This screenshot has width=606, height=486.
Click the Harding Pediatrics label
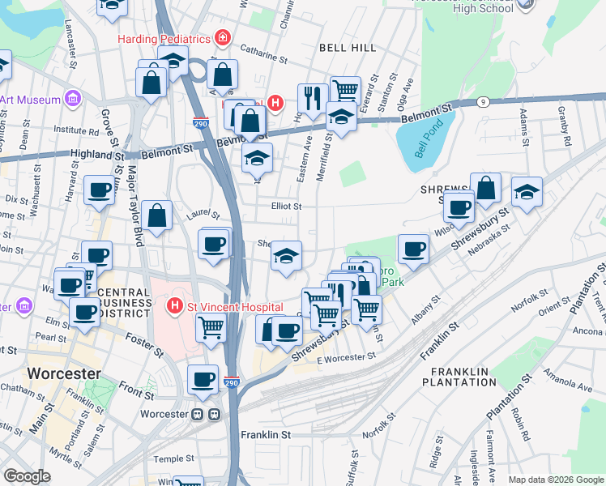click(164, 39)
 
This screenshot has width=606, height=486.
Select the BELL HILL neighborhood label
click(348, 48)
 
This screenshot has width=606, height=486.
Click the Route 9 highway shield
click(482, 101)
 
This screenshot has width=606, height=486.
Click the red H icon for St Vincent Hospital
click(173, 307)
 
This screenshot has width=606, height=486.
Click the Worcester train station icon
click(205, 414)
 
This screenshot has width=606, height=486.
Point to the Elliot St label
click(286, 207)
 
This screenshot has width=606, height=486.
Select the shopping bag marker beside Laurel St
click(157, 216)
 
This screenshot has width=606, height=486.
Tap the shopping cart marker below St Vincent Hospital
click(211, 328)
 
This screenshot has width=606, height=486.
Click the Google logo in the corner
click(27, 475)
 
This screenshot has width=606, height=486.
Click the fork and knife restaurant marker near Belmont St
click(312, 99)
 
